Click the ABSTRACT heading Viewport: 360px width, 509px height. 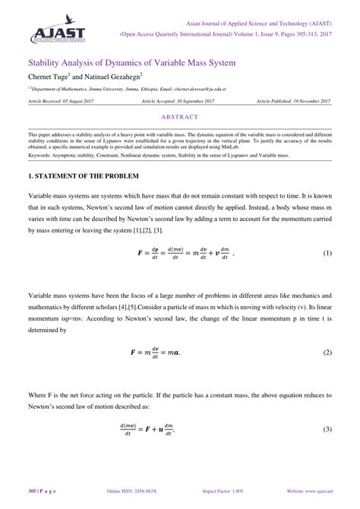point(180,117)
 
